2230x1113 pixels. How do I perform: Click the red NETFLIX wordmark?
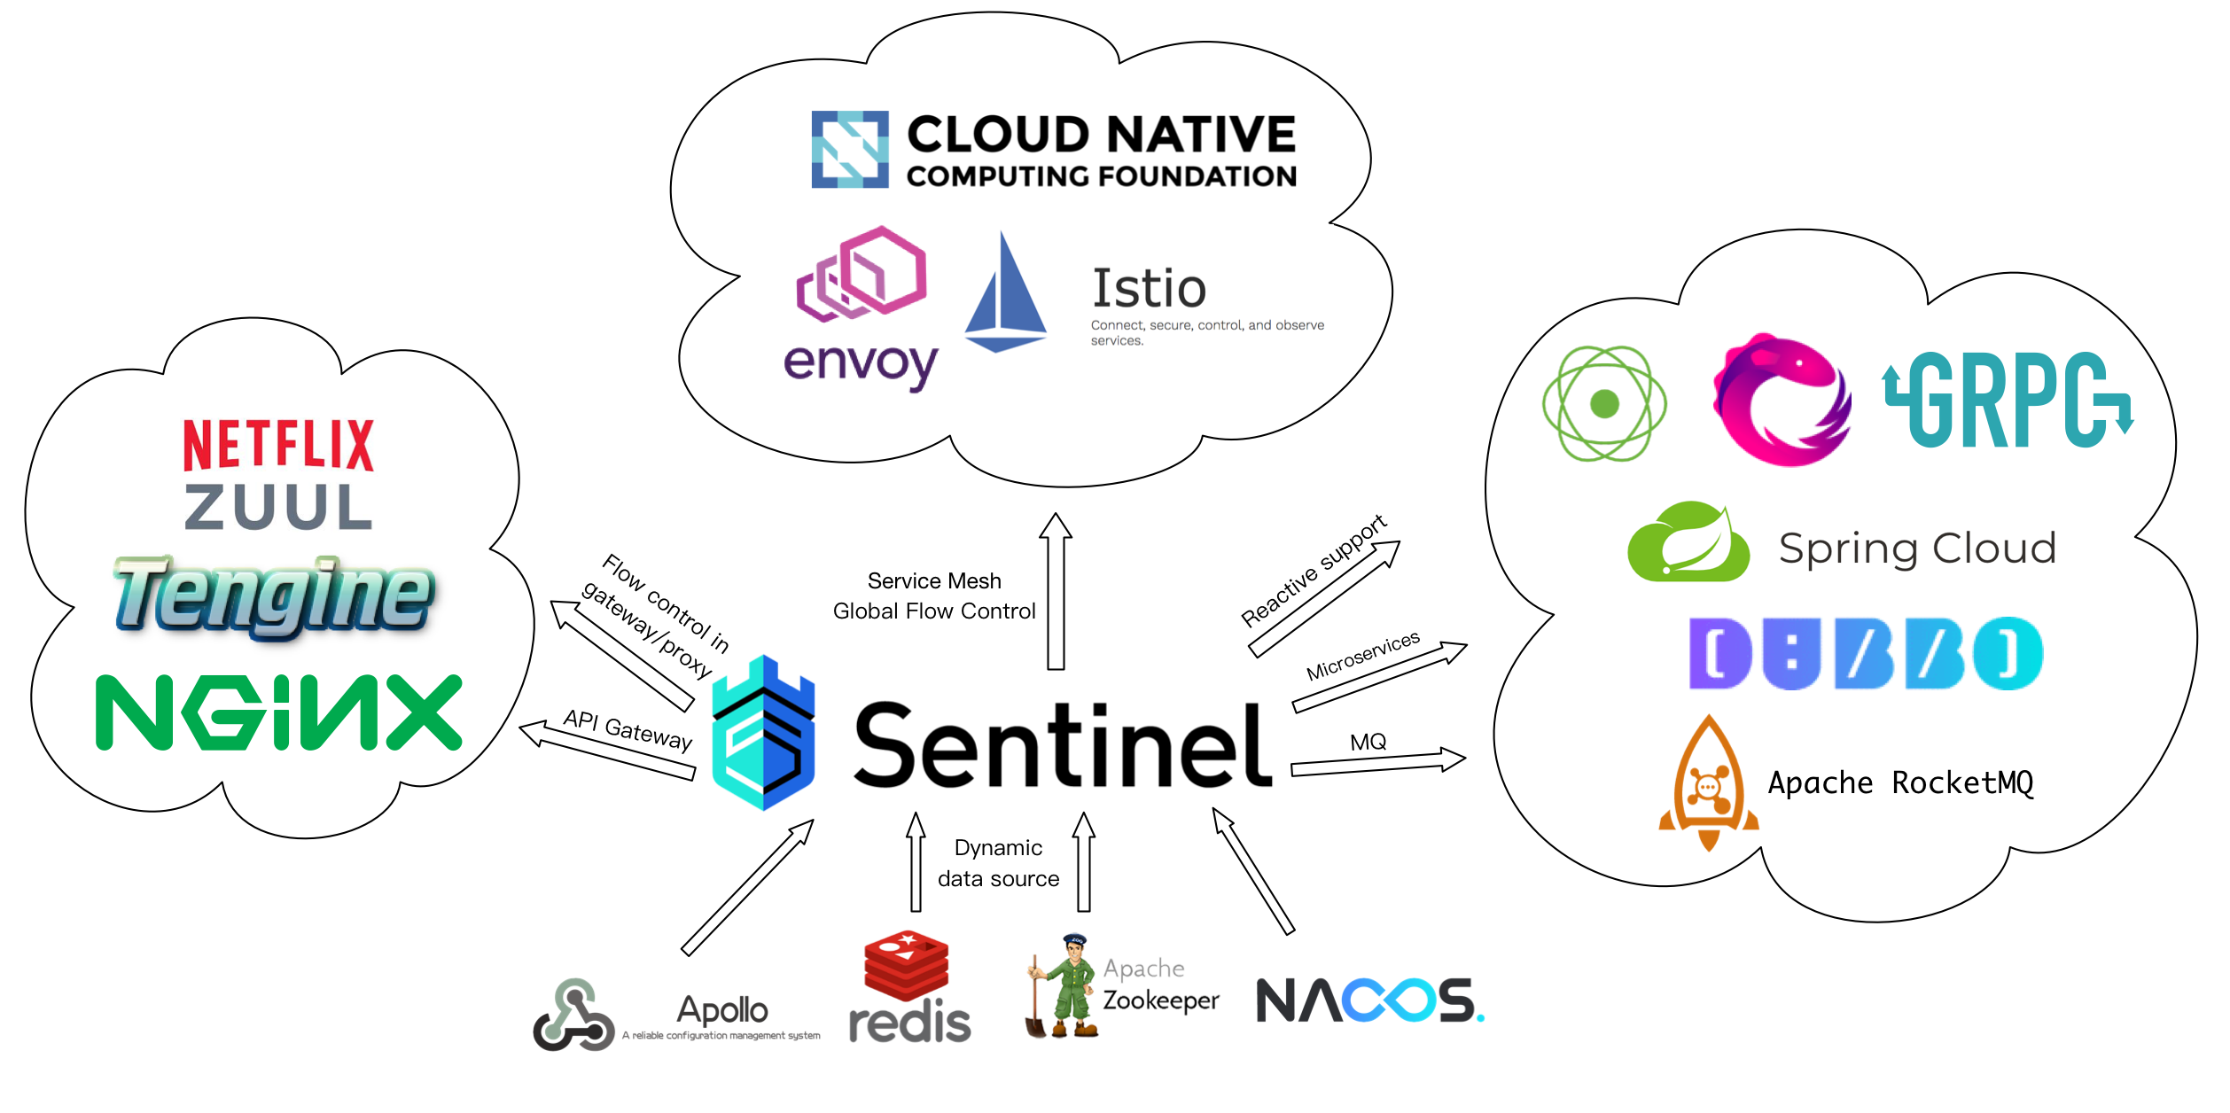278,446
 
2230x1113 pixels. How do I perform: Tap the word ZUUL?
278,507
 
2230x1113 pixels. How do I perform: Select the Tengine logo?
275,595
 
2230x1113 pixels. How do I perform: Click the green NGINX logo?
278,712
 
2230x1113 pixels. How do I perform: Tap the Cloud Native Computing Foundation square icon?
849,149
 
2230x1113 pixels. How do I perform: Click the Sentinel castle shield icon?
763,734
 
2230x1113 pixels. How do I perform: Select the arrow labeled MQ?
1378,764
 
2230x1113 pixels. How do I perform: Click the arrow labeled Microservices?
1379,678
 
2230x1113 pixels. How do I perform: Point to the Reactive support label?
1314,571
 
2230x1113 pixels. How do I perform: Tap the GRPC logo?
2008,401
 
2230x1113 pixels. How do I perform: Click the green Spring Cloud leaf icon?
1688,543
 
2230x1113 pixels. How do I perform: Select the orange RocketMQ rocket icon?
1708,783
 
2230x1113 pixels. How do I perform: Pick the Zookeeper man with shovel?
1064,986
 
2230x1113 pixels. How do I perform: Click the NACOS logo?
1369,1000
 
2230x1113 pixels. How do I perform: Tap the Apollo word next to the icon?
721,1009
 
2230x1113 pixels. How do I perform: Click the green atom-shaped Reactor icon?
1604,404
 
